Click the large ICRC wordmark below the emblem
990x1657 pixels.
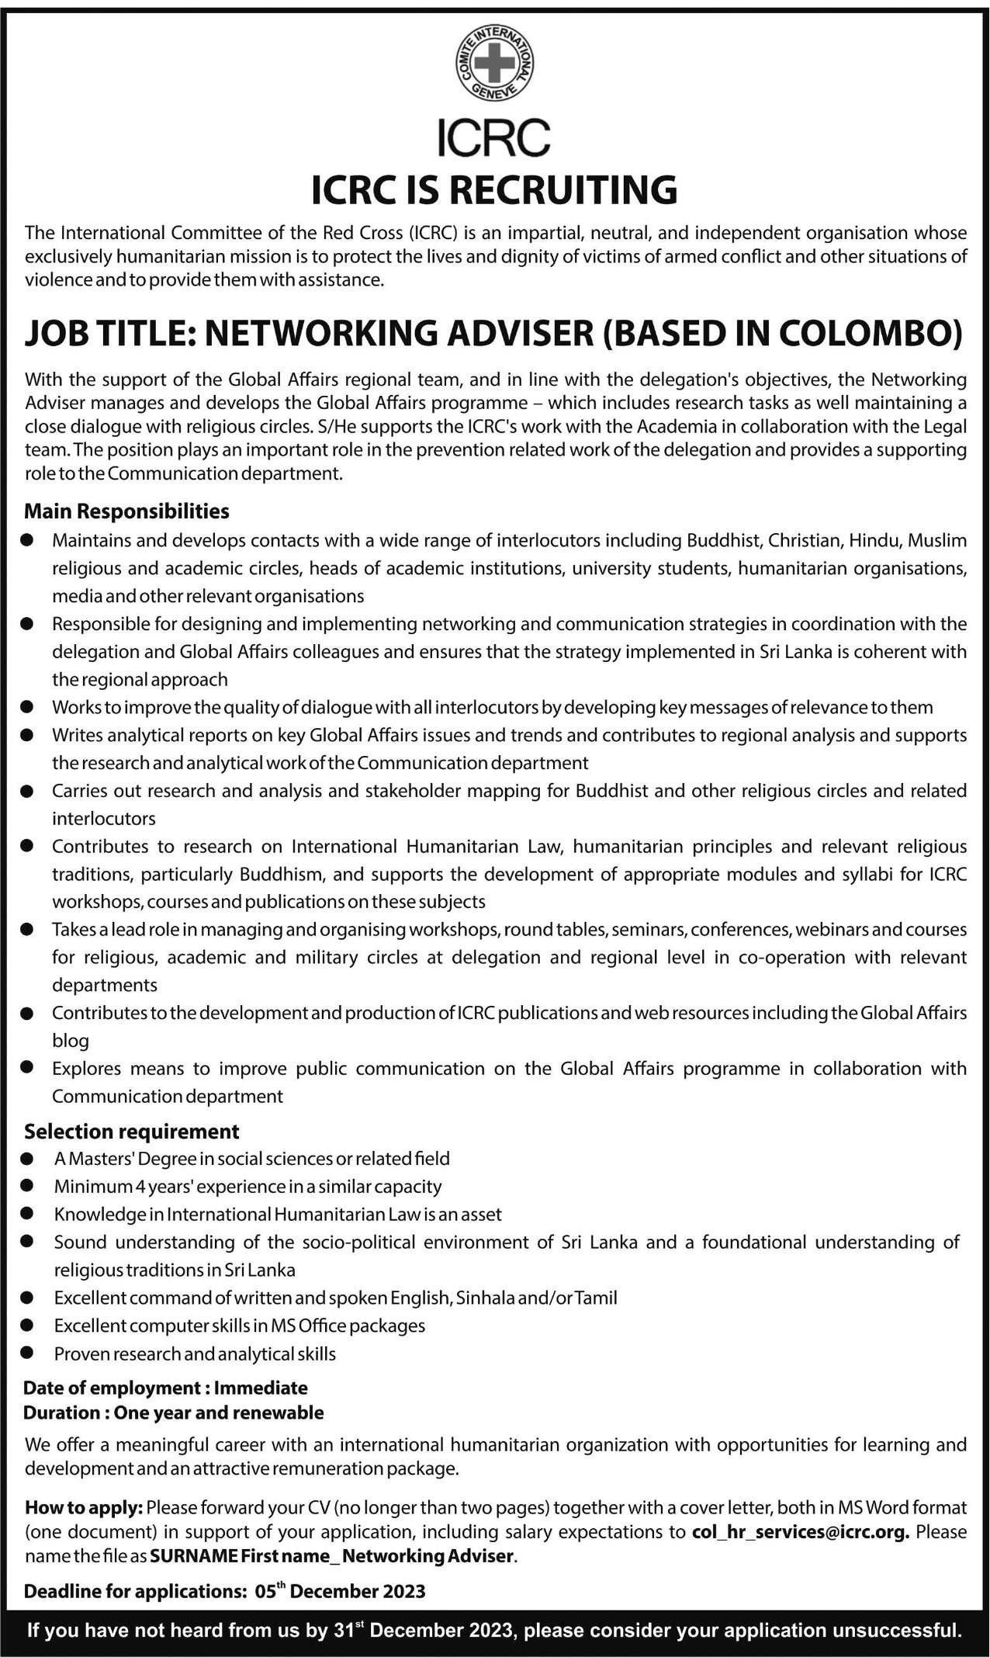[x=494, y=138]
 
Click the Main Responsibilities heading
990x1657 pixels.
[x=126, y=511]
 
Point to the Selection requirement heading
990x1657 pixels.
[x=132, y=1131]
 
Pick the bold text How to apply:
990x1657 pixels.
[x=84, y=1507]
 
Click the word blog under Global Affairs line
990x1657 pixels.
[x=71, y=1040]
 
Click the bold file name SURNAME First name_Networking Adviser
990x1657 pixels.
[x=331, y=1555]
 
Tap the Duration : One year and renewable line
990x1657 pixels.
[x=174, y=1412]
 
